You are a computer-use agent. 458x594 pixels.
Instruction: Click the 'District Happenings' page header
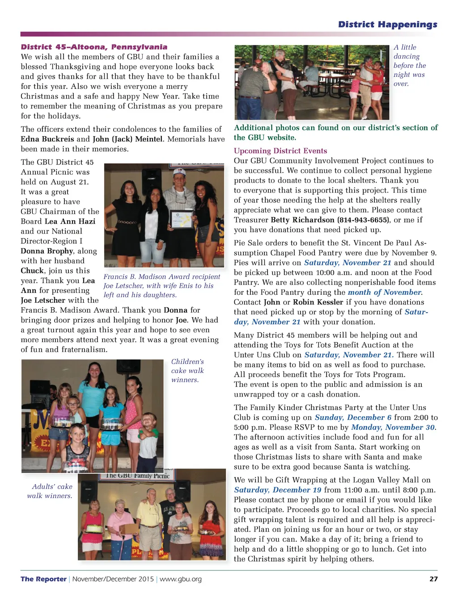point(387,25)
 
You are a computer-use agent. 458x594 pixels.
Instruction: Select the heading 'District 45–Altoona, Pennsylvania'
point(94,47)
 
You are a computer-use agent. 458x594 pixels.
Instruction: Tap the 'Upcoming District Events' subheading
point(280,151)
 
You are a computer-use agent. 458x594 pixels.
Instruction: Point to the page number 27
point(433,579)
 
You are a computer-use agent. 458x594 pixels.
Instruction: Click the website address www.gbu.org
point(181,579)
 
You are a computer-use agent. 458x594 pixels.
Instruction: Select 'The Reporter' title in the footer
point(43,579)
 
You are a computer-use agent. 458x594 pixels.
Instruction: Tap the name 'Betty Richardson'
point(302,220)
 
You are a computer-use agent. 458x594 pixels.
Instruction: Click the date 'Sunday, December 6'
point(353,418)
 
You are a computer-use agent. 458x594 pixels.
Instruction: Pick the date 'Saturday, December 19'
point(277,490)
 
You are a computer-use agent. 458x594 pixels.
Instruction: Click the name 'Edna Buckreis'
point(47,139)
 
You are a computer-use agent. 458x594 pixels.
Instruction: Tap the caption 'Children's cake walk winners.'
point(187,371)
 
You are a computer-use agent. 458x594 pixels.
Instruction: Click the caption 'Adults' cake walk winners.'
point(50,491)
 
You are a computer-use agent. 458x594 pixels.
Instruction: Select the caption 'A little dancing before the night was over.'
point(409,66)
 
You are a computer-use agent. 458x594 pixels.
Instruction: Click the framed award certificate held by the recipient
point(181,219)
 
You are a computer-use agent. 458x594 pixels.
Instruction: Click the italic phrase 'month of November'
point(384,293)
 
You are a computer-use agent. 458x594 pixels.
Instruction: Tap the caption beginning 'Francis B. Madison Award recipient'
point(161,286)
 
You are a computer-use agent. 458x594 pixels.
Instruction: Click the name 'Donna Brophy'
point(47,251)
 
